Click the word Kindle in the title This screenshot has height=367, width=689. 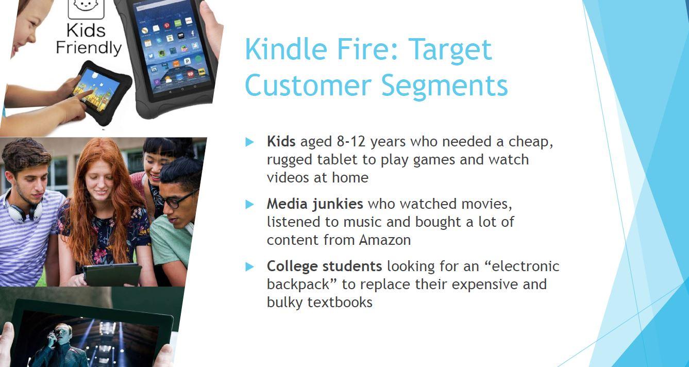(285, 49)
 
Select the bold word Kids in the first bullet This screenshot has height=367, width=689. (281, 141)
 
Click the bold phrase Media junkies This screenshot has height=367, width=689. (314, 204)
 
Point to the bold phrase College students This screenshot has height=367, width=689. (324, 266)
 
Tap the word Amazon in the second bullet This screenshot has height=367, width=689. (385, 240)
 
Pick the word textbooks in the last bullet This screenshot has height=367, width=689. (340, 302)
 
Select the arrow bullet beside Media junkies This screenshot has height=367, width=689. (250, 204)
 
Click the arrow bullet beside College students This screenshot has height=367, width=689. (250, 266)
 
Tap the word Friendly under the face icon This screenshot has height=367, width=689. (88, 48)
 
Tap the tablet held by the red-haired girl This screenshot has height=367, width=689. (112, 274)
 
